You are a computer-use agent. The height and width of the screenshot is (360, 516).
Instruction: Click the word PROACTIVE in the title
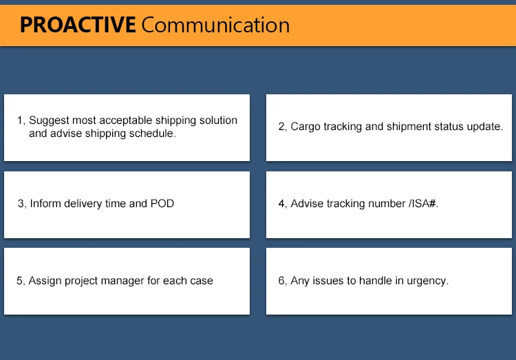click(77, 25)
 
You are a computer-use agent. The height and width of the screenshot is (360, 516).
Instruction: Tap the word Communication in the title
click(215, 25)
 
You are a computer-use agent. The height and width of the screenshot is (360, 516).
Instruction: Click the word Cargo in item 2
click(305, 127)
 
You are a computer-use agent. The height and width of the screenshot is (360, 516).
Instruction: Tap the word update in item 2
click(486, 127)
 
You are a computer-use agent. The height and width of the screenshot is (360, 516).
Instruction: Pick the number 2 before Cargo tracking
click(281, 127)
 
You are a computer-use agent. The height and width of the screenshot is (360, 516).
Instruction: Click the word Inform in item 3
click(45, 204)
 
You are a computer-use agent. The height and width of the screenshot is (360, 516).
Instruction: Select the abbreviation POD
click(162, 204)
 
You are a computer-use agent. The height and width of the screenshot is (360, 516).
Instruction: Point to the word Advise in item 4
click(308, 204)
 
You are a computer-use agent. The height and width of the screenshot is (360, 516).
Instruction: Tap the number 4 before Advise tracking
click(281, 204)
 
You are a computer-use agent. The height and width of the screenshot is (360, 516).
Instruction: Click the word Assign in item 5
click(45, 281)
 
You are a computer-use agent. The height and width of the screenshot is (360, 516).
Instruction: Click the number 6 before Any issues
click(281, 281)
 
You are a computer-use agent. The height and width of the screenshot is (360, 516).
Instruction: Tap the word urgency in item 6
click(428, 281)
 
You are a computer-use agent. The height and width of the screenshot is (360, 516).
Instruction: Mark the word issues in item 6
click(327, 281)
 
